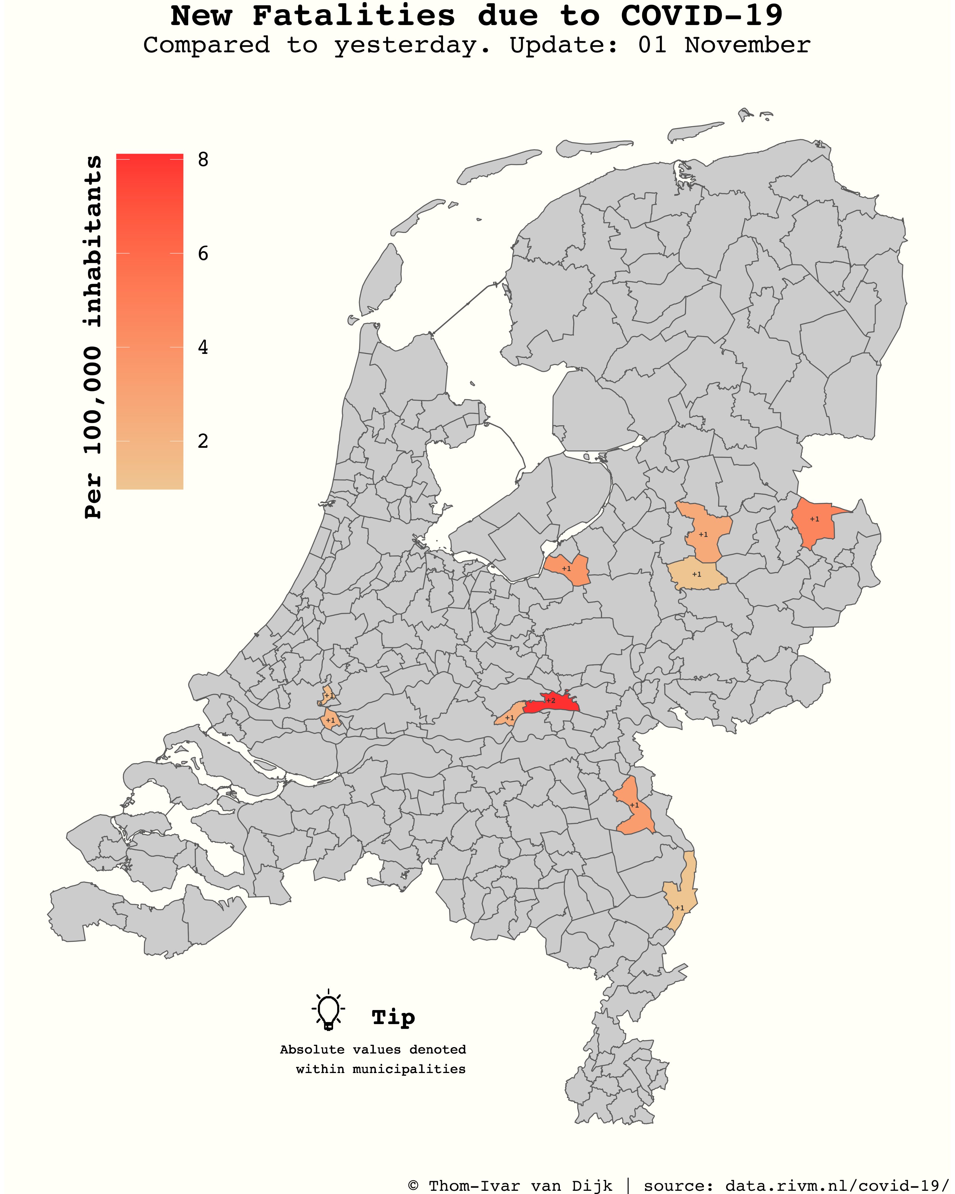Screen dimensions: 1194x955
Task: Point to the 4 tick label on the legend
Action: coord(203,348)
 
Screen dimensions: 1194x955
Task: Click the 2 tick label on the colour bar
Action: coord(203,441)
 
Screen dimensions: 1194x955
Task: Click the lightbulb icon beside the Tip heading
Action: coord(328,1011)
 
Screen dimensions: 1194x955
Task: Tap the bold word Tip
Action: coord(393,1017)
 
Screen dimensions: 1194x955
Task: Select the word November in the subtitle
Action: coord(748,45)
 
